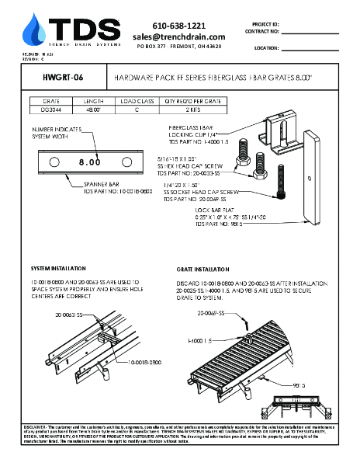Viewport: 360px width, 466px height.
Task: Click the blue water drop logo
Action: pos(33,30)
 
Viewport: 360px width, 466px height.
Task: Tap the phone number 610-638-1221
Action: pos(178,25)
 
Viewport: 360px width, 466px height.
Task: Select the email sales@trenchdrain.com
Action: pos(178,37)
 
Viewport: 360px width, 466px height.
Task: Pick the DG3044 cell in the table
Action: pos(52,110)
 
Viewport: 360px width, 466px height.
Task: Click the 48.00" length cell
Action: pos(94,110)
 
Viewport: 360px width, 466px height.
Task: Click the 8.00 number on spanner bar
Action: pos(89,162)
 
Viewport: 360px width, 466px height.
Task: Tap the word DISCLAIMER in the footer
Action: pos(35,426)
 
